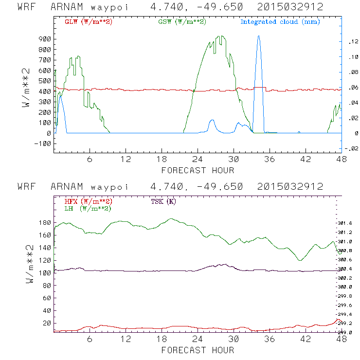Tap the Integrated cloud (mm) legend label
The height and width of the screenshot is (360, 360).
point(280,22)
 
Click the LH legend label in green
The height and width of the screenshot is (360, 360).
point(88,208)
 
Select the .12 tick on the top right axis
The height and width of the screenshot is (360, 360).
point(352,42)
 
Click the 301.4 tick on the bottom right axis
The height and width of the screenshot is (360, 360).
point(344,223)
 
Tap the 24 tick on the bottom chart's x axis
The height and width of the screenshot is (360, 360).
point(198,339)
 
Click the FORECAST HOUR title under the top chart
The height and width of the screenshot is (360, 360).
point(198,170)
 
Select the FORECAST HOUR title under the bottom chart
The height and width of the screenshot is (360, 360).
point(198,349)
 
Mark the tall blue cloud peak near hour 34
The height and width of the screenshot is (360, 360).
point(258,36)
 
